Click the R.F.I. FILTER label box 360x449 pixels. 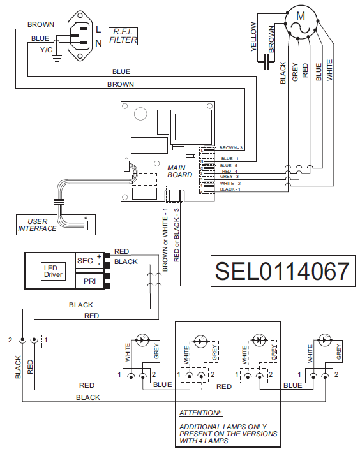click(123, 36)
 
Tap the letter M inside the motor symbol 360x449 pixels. click(301, 16)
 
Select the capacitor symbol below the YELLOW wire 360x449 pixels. click(266, 62)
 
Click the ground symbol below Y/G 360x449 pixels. click(57, 59)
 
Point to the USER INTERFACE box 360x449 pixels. click(56, 224)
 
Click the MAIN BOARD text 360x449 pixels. click(180, 172)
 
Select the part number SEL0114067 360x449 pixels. click(283, 271)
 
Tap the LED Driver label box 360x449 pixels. click(53, 271)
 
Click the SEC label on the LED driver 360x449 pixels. click(85, 261)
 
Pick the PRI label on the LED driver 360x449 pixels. click(89, 281)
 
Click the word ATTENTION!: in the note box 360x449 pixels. click(201, 413)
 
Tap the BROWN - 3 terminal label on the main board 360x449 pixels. click(230, 148)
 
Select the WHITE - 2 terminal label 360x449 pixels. click(230, 183)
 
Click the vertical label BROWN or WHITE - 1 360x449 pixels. click(165, 240)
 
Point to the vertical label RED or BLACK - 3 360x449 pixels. click(177, 235)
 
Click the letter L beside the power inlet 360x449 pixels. click(98, 29)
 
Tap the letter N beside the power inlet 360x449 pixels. click(98, 43)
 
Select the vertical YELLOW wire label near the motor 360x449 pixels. click(253, 37)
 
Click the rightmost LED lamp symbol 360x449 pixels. click(325, 340)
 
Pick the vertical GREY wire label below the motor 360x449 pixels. click(295, 72)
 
